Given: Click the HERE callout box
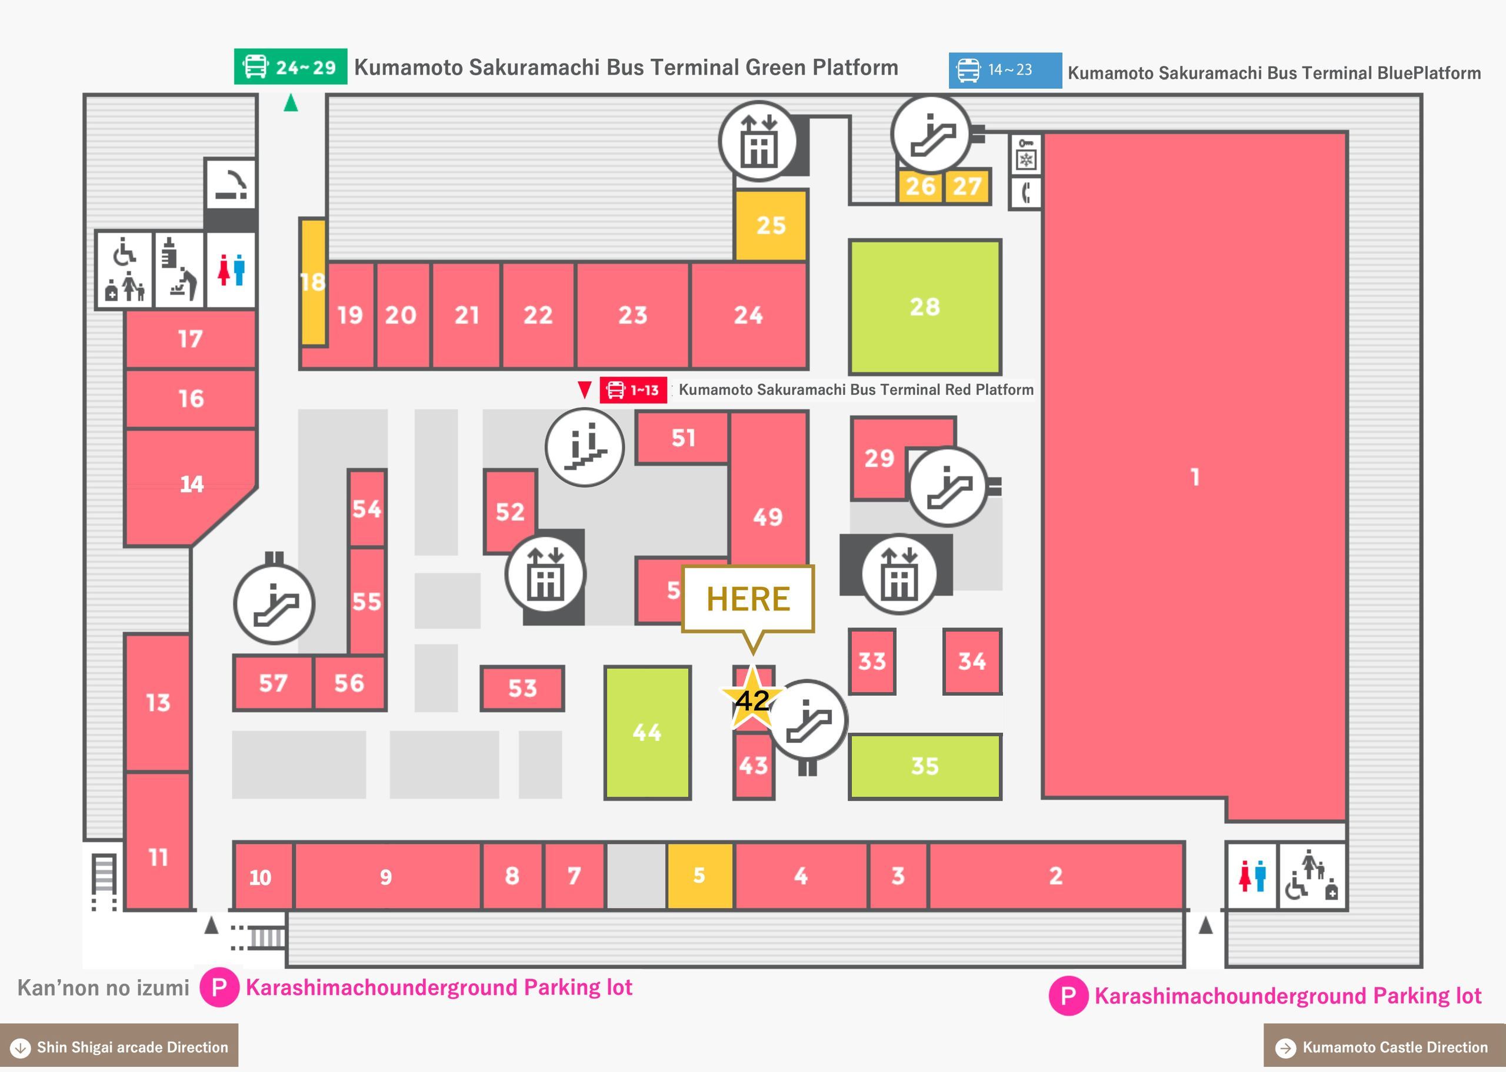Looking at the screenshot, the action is pos(748,599).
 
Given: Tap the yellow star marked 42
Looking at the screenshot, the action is pos(752,699).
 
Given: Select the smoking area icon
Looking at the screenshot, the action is pos(231,184).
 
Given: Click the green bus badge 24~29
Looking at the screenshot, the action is pos(291,66).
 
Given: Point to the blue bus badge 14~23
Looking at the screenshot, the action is pos(1005,70).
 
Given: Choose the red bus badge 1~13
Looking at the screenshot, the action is pos(633,389).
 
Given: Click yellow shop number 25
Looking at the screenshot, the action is pos(771,225).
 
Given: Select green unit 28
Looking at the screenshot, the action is pos(925,307).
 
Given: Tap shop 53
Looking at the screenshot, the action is pos(522,689).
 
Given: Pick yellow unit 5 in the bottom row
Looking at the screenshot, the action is pos(700,875).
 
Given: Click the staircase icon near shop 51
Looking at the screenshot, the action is pos(585,447).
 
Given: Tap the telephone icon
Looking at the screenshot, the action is pos(1026,193).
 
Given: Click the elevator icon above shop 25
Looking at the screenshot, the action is pos(759,141).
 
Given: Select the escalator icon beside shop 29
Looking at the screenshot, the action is pos(949,486).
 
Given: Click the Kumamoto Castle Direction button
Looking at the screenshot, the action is pos(1384,1047).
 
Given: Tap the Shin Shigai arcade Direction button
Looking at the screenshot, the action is pos(119,1047).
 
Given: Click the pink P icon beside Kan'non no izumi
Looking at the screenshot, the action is pos(219,987).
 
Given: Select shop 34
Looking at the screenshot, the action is pos(972,662).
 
